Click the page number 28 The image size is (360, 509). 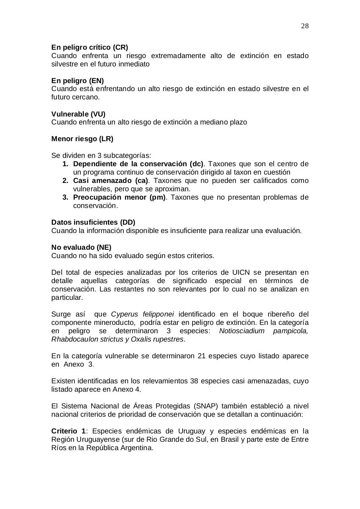point(305,26)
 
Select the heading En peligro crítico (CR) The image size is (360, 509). point(90,47)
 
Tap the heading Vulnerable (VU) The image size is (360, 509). point(78,114)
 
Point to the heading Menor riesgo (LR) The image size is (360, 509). point(82,139)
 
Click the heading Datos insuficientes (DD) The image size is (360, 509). point(93,222)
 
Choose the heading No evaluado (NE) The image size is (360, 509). point(81,247)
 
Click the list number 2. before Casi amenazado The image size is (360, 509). point(66,181)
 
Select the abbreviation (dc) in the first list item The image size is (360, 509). point(197,164)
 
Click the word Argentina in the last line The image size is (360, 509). point(138,448)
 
